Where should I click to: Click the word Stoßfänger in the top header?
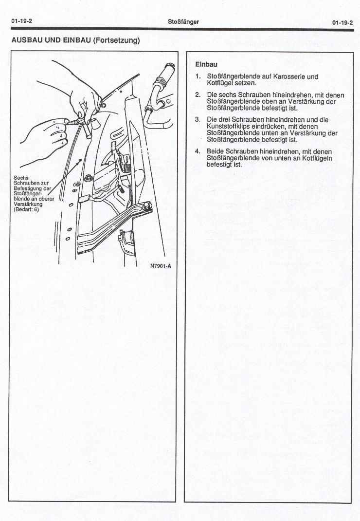(183, 22)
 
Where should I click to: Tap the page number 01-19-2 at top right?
(342, 22)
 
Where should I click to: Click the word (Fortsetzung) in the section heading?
(116, 40)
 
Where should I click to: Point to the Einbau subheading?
(206, 64)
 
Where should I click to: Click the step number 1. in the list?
(198, 76)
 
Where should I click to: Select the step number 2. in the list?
(198, 94)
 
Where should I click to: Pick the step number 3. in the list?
(198, 119)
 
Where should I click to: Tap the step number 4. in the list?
(198, 151)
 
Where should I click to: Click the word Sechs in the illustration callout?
(21, 178)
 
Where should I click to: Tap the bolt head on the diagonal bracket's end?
(146, 207)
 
